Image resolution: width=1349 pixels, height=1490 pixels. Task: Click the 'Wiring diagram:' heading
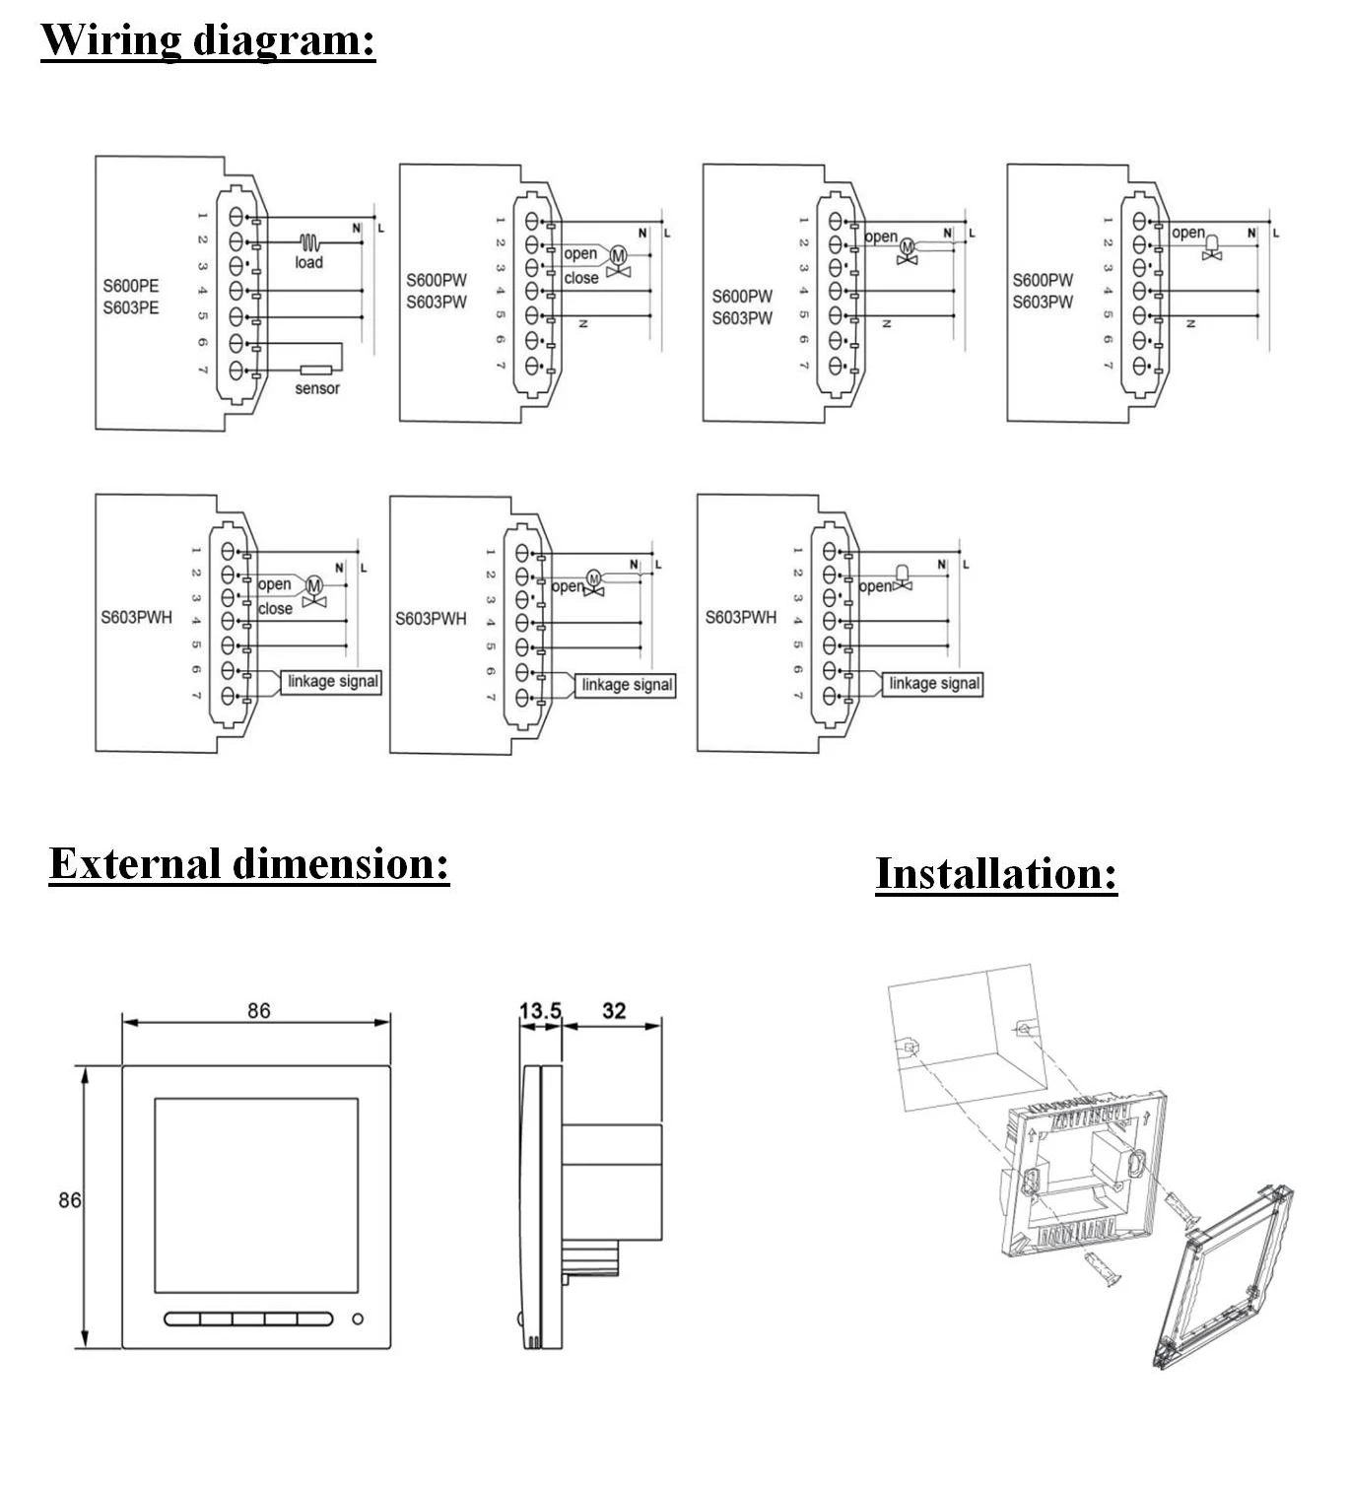point(208,40)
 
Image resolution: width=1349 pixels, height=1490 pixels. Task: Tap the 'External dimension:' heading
point(248,864)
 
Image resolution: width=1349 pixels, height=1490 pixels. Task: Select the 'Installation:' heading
point(996,874)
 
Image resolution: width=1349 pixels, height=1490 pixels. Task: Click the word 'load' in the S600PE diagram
point(308,262)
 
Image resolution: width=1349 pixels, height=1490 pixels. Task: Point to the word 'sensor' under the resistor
point(317,389)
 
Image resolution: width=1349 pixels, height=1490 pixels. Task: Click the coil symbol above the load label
point(309,241)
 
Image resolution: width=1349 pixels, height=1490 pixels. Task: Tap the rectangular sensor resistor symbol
point(316,371)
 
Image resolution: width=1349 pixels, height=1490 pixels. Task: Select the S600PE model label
point(131,287)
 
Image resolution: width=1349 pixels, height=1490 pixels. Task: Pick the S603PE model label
point(131,307)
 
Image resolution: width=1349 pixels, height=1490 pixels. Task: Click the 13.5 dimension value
point(540,1011)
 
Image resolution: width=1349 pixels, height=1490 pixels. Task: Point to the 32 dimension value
point(614,1011)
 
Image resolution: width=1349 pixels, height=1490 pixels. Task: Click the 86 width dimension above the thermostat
point(258,1011)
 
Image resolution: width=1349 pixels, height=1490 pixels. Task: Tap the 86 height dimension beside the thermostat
point(69,1200)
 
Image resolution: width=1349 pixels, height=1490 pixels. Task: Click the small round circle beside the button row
point(358,1319)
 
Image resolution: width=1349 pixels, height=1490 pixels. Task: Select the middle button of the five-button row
point(248,1319)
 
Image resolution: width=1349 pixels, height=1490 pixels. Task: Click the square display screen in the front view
point(256,1195)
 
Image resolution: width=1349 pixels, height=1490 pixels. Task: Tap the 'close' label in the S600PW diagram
point(581,278)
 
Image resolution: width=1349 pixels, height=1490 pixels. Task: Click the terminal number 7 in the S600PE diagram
point(202,370)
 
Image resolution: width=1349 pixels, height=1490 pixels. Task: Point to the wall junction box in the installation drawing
point(966,1035)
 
